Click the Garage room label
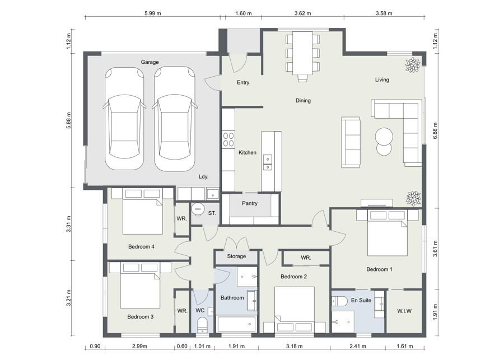tap(150, 62)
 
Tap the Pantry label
tap(250, 203)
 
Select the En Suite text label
tap(361, 300)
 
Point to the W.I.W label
tap(404, 311)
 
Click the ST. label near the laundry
tap(212, 213)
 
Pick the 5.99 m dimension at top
tap(153, 13)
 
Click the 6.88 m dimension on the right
tap(435, 130)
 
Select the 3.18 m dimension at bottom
tap(294, 346)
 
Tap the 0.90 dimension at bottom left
tap(95, 346)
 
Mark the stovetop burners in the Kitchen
tap(228, 139)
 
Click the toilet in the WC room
tap(203, 325)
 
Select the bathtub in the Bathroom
tap(237, 324)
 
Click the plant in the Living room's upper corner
tap(412, 65)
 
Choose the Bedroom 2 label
tap(293, 277)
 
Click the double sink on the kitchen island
tap(268, 162)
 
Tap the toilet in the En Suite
tap(339, 301)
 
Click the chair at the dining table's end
tap(302, 78)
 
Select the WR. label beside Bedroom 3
tap(182, 311)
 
